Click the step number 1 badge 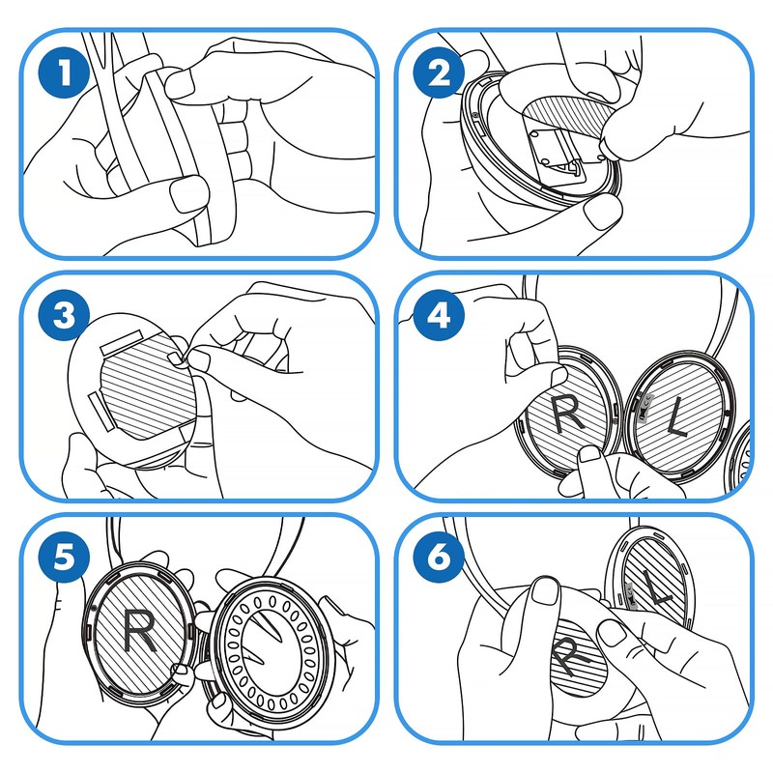(x=65, y=73)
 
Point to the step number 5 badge (x=65, y=558)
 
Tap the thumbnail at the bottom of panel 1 (x=184, y=198)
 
